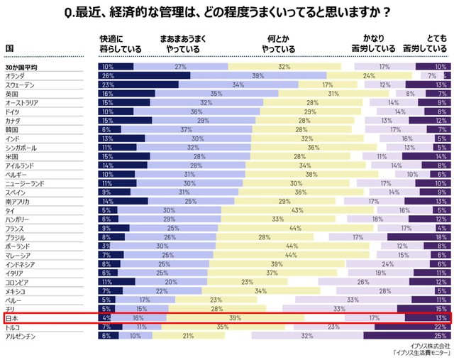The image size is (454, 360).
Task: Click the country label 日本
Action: click(12, 318)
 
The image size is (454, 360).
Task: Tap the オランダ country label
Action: click(16, 75)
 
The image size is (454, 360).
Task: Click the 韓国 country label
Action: click(12, 130)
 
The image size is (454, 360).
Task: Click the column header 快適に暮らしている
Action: click(121, 44)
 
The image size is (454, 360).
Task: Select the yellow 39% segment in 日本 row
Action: click(235, 318)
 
